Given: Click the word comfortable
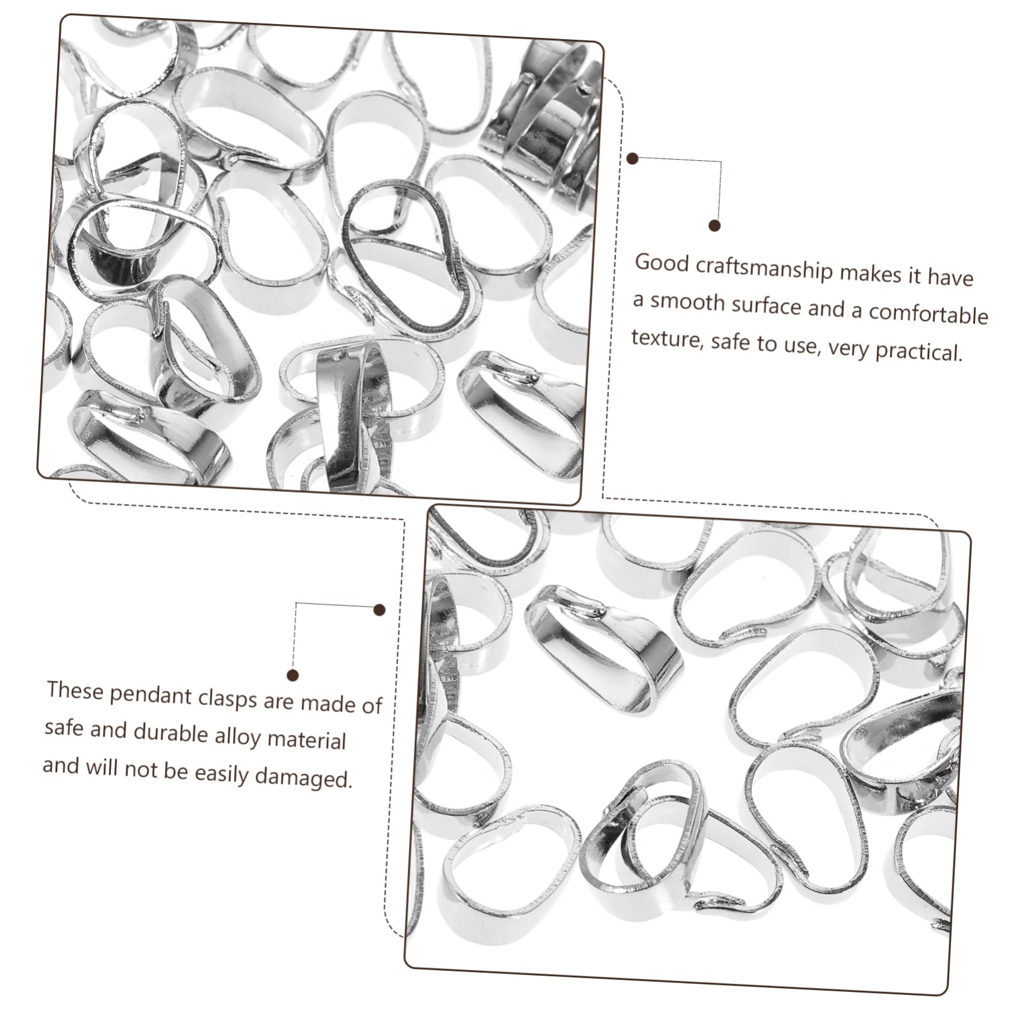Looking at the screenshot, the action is (x=928, y=314).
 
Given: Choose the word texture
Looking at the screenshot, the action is (x=667, y=339).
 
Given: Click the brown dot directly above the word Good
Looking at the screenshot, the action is (x=715, y=226).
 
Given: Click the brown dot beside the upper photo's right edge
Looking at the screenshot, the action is (x=632, y=159).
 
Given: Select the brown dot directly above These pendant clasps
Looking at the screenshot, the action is (x=293, y=675).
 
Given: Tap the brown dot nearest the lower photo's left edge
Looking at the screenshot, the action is (x=379, y=610).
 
